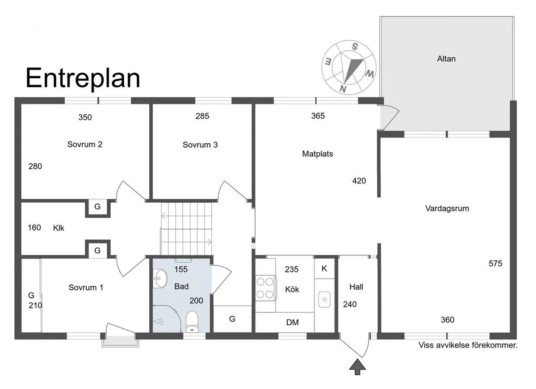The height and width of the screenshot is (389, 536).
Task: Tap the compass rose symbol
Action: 349,67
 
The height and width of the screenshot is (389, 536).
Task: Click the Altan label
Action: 446,59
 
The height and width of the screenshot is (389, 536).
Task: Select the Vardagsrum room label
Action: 447,208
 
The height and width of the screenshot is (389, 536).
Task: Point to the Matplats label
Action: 318,154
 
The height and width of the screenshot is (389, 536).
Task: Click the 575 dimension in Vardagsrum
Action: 495,264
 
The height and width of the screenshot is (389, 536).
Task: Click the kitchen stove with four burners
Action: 264,288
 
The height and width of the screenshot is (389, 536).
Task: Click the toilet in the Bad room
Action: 192,321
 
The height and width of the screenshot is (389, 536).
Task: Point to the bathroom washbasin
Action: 159,280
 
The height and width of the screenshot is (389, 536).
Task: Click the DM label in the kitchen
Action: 293,322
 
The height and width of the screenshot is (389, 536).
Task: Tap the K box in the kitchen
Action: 324,268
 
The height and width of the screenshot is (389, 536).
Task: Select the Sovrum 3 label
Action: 200,145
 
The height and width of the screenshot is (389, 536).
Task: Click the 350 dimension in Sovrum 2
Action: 85,117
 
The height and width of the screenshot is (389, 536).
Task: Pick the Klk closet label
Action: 59,228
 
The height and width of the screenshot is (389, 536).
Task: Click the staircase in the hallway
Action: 187,229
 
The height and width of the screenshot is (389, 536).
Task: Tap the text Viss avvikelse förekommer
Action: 468,345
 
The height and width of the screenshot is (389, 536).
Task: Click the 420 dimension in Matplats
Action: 359,181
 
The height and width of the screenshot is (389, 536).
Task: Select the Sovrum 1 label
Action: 86,288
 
